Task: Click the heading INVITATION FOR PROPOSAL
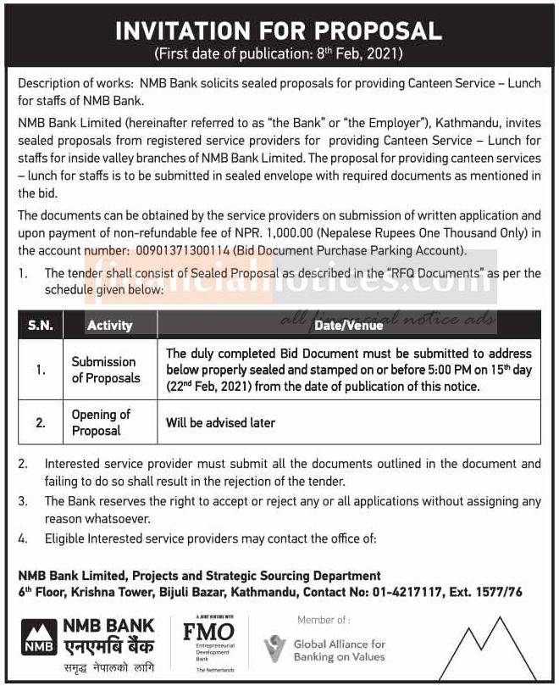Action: point(279,31)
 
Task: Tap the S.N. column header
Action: point(40,325)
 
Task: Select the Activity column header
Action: point(109,325)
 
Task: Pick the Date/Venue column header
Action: point(348,325)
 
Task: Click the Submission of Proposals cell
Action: point(104,370)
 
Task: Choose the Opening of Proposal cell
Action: point(101,422)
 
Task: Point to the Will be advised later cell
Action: point(220,422)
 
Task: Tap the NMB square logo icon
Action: point(36,635)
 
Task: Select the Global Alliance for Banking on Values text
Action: point(339,650)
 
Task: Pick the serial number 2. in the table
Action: point(40,422)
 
